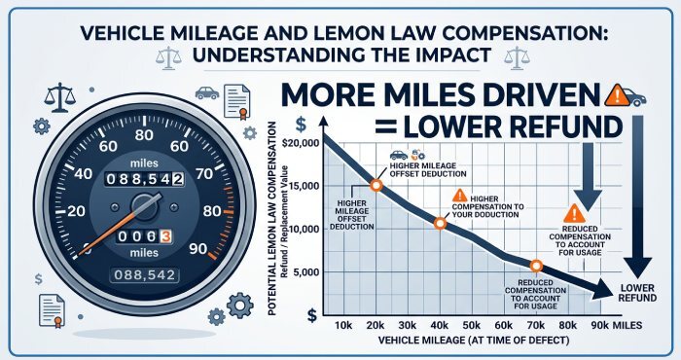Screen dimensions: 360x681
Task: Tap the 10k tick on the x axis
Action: (x=342, y=325)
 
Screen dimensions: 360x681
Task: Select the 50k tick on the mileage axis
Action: (x=471, y=325)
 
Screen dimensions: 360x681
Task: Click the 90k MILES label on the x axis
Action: (x=615, y=325)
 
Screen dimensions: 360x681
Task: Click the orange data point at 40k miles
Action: (x=440, y=223)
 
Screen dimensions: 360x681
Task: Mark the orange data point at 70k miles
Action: (x=535, y=266)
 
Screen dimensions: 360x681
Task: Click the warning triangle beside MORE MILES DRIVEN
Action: (x=615, y=94)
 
